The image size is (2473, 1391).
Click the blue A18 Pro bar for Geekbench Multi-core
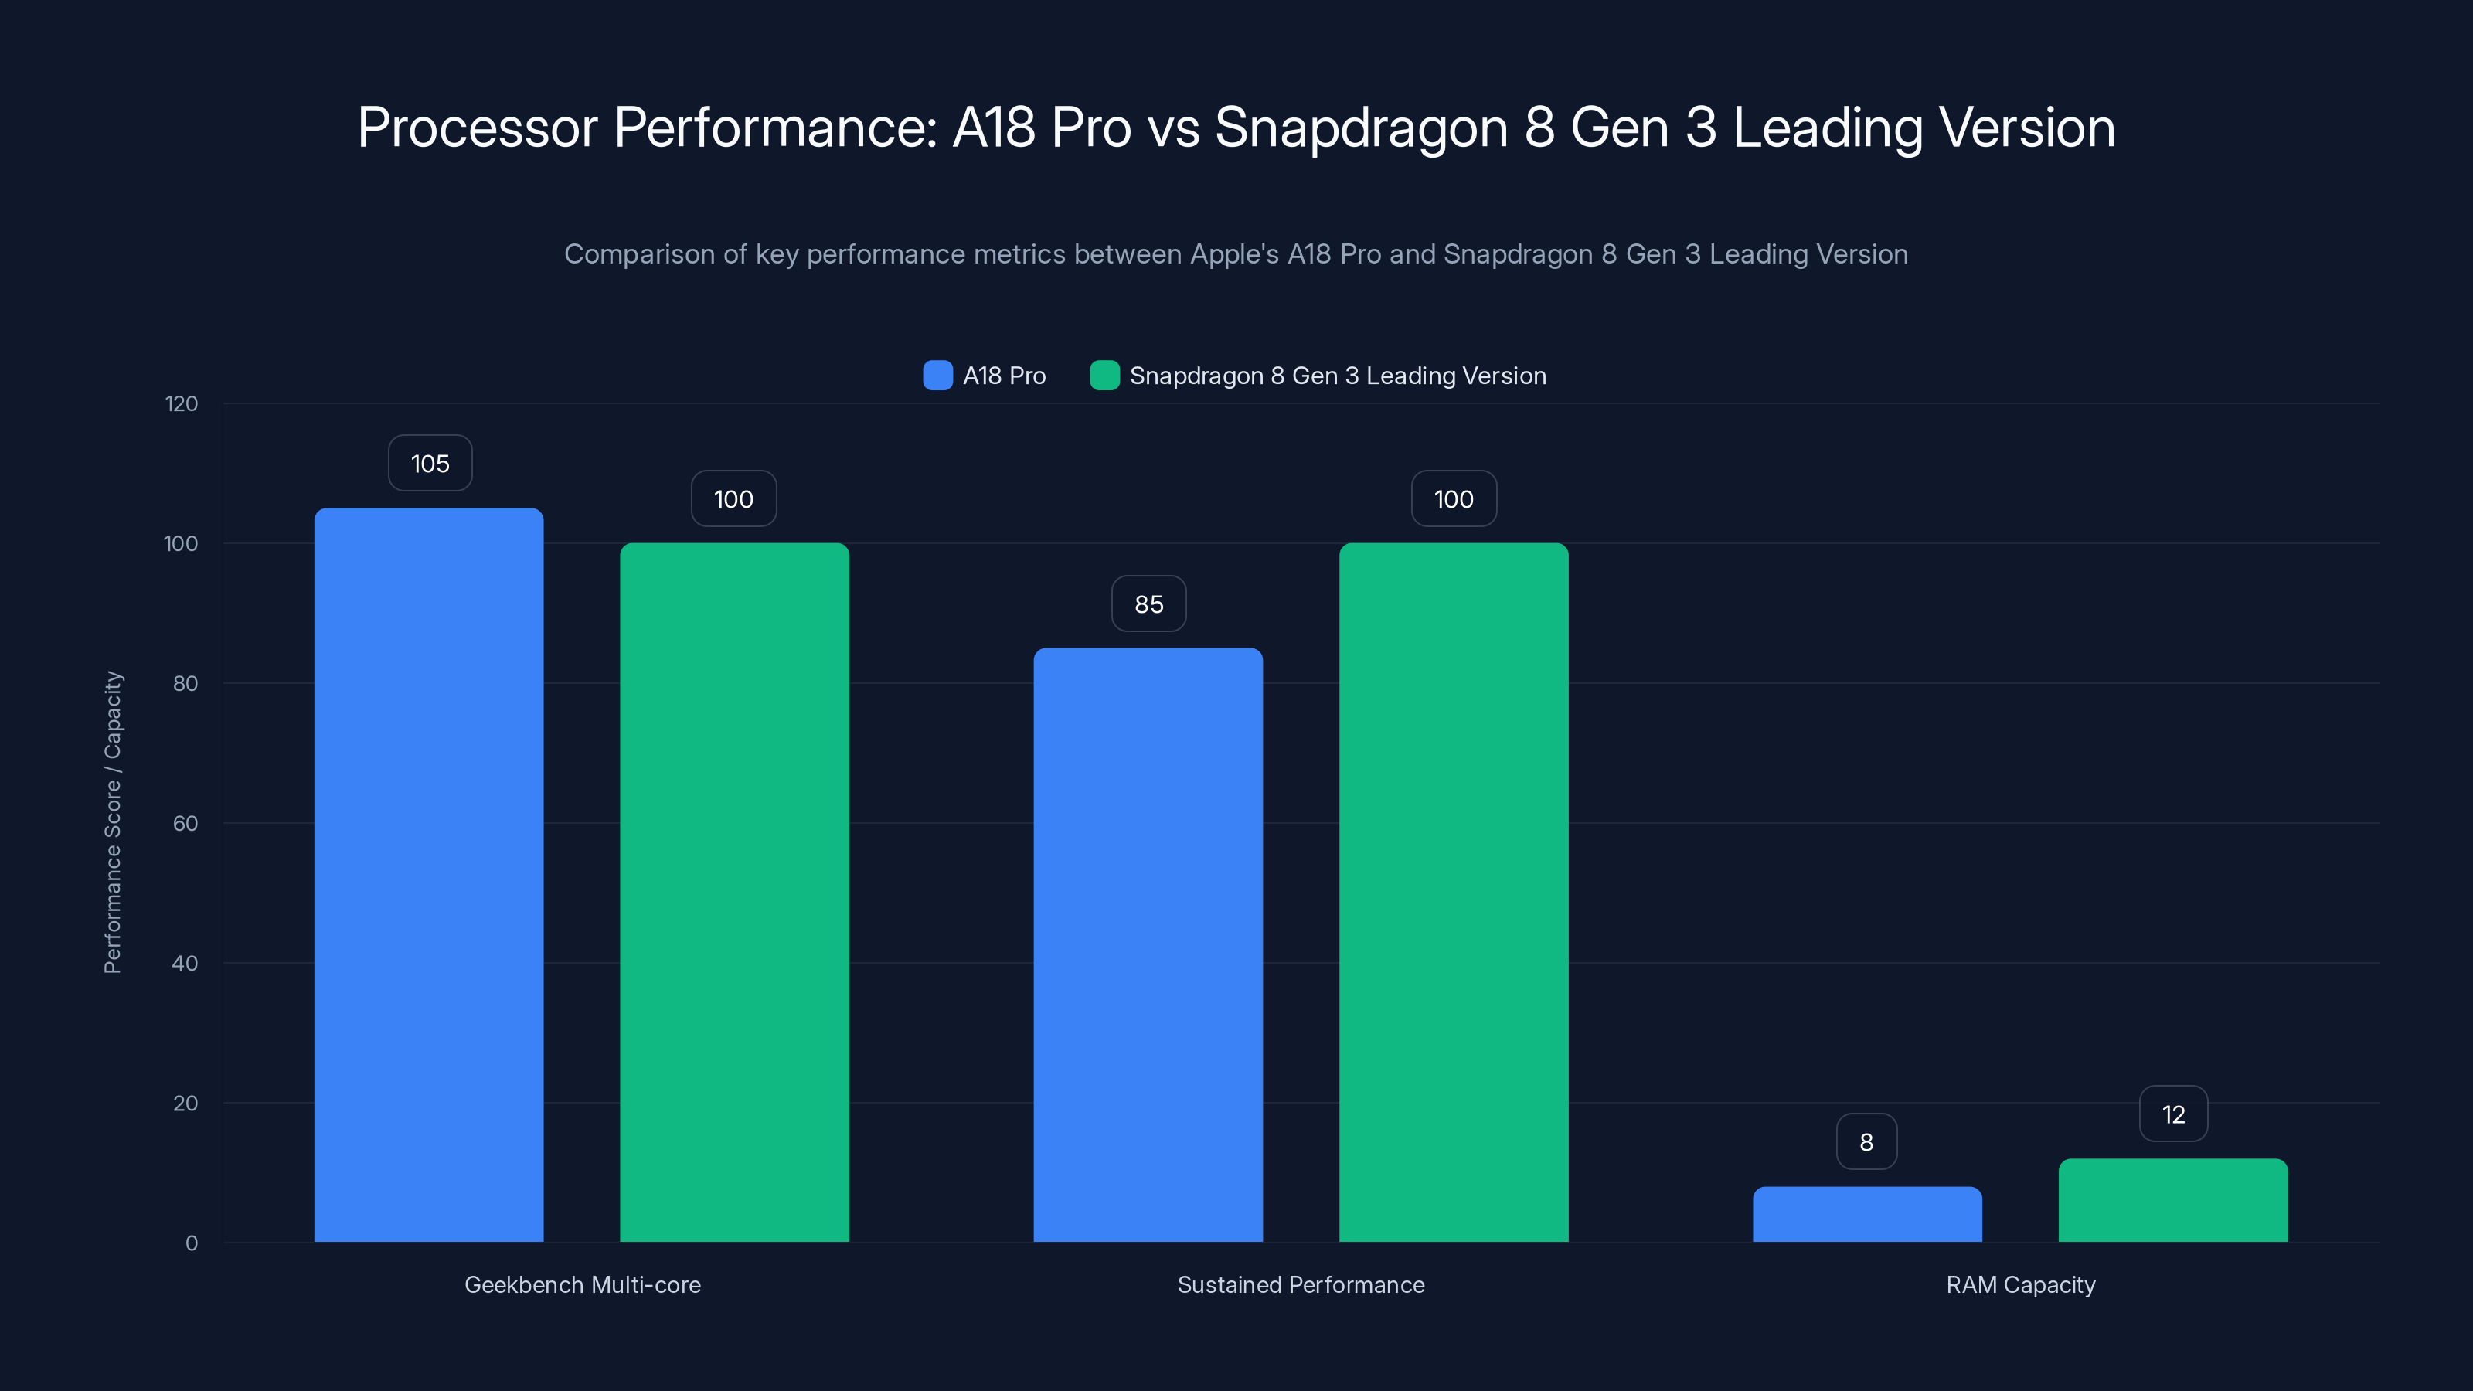coord(428,873)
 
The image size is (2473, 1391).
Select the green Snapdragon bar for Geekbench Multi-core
coord(734,893)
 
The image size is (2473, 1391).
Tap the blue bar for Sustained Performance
coord(1148,946)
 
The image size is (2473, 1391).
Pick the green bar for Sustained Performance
coord(1454,893)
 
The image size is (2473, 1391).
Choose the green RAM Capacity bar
coord(2172,1200)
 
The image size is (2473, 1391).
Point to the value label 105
coord(430,464)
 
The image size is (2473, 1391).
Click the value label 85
coord(1148,604)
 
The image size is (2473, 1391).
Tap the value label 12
coord(2173,1114)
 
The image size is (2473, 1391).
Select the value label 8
coord(1866,1141)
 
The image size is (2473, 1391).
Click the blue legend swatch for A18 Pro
coord(937,376)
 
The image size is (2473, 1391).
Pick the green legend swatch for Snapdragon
coord(1104,376)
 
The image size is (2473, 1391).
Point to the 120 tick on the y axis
coord(182,404)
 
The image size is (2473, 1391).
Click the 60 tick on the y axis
coord(185,824)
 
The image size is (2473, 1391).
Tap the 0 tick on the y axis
coord(191,1243)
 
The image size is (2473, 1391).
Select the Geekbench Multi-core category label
coord(582,1284)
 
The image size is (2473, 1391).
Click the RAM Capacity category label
coord(2020,1284)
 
